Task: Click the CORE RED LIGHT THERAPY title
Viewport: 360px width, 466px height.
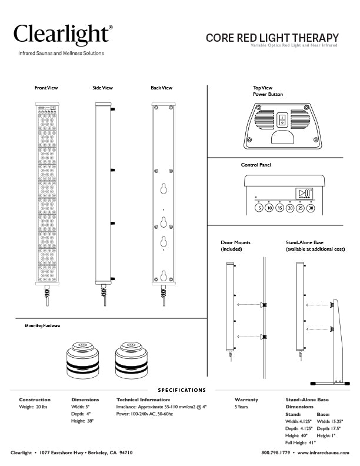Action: (x=272, y=38)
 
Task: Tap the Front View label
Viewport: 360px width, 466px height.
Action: (x=46, y=88)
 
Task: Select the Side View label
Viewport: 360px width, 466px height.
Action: (x=102, y=88)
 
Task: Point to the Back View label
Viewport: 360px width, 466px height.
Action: (x=161, y=88)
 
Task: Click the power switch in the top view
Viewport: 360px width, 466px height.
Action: (x=282, y=120)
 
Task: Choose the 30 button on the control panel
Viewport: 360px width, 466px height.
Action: (x=311, y=208)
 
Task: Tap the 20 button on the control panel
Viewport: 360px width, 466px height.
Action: (x=290, y=208)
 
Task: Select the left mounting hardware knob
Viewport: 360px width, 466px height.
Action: (x=84, y=358)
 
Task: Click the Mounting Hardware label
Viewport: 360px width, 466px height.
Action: (x=42, y=325)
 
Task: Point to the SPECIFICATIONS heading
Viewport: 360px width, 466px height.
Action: (x=182, y=390)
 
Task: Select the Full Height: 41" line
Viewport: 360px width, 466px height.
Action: (x=301, y=442)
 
